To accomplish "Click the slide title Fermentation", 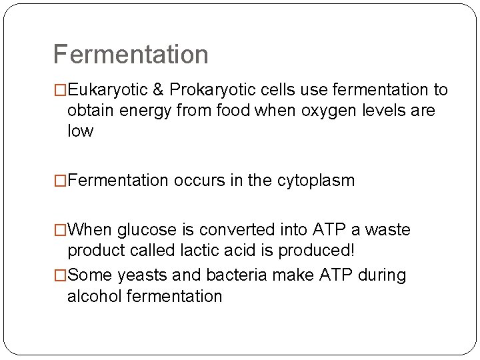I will (131, 54).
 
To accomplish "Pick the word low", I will (80, 131).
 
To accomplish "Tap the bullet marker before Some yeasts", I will (60, 275).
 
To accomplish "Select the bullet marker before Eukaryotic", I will (60, 90).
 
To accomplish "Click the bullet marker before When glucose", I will (60, 231).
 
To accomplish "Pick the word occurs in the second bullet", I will (191, 181).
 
